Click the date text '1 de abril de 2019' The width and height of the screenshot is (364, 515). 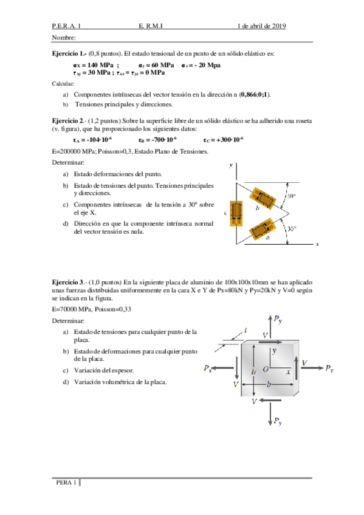[x=262, y=26]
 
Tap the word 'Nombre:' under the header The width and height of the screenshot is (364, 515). [x=64, y=38]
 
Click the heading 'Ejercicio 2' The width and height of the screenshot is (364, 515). [x=69, y=121]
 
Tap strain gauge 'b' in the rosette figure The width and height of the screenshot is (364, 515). [x=266, y=198]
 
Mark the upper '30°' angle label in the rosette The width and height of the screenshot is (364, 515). [x=292, y=197]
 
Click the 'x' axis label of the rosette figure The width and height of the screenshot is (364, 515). [x=317, y=245]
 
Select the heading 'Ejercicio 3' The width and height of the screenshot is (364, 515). [x=69, y=282]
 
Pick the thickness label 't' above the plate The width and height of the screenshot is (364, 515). [x=245, y=329]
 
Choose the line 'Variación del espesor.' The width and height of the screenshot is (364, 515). [x=104, y=370]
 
